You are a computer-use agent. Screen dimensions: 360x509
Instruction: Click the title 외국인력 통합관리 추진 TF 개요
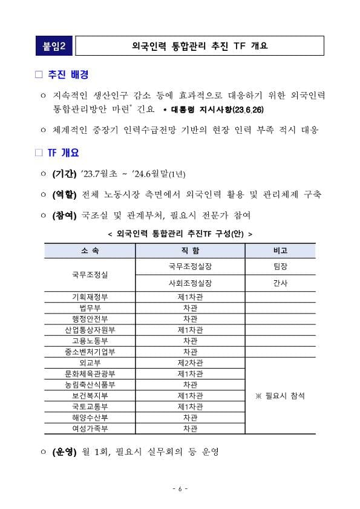(x=199, y=45)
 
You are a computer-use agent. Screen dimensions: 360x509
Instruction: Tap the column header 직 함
(x=190, y=251)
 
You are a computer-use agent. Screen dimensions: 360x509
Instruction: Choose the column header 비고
(x=280, y=251)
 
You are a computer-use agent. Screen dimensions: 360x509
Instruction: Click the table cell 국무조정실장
(x=190, y=266)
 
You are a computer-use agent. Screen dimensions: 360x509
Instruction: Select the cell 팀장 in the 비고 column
(x=280, y=266)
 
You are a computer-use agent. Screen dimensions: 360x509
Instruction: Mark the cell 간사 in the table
(x=280, y=283)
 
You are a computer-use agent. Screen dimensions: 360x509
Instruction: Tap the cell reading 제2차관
(x=190, y=363)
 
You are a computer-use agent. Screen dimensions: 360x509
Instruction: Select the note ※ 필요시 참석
(x=280, y=395)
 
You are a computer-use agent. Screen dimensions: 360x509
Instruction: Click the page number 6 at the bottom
(x=180, y=488)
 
